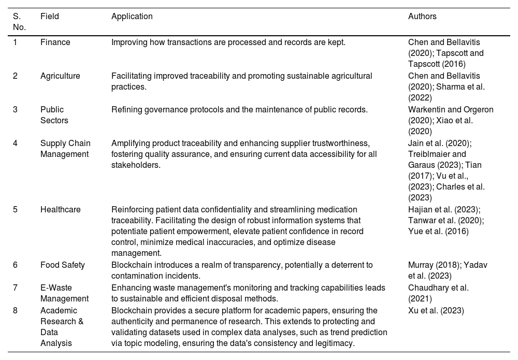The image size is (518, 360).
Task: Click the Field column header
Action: tap(50, 17)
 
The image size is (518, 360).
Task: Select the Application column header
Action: tap(132, 17)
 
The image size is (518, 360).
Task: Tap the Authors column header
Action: tap(422, 17)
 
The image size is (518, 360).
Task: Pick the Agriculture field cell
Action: tap(60, 76)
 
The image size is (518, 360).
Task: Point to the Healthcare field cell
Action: tap(61, 210)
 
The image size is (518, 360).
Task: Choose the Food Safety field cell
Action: tap(63, 265)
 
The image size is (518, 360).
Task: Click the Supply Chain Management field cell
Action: tap(65, 149)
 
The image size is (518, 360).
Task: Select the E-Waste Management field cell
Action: tap(64, 293)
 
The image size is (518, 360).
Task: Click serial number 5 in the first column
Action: tap(15, 210)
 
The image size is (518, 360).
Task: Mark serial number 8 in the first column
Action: tap(15, 311)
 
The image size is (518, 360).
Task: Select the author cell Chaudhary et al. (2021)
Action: tap(438, 293)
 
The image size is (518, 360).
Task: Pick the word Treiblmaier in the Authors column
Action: tap(430, 154)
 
